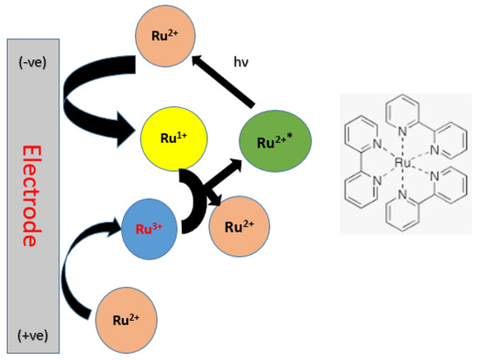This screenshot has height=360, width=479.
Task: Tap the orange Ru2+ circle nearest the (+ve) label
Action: (x=128, y=320)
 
